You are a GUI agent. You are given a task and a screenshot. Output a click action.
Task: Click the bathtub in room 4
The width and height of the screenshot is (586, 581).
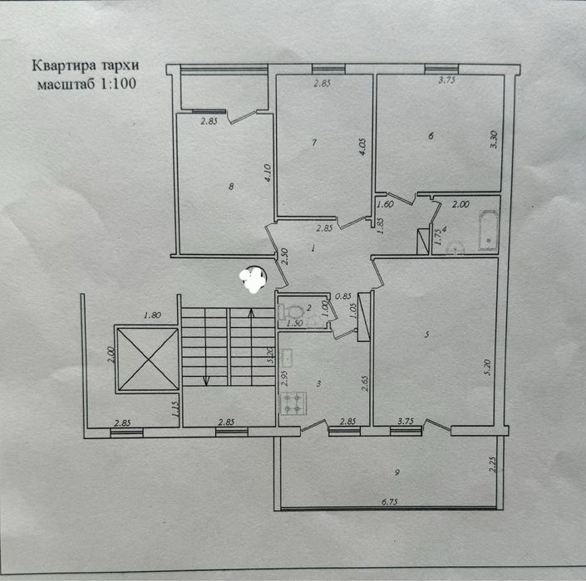click(x=489, y=231)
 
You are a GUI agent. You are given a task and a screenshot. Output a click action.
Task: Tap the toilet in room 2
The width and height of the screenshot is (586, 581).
click(x=290, y=311)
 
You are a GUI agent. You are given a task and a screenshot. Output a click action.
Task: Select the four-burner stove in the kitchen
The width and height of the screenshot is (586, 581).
click(x=293, y=403)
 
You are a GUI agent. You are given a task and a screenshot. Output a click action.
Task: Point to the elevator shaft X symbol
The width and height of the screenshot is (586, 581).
click(x=148, y=359)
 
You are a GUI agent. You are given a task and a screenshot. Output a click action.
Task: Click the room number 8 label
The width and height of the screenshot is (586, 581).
click(x=231, y=186)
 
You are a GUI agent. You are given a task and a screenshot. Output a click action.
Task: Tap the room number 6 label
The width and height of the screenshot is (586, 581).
click(x=431, y=136)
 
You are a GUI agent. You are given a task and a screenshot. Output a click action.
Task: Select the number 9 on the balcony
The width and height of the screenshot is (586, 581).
click(x=396, y=473)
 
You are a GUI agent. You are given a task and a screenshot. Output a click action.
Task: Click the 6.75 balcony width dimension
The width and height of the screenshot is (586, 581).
click(x=390, y=502)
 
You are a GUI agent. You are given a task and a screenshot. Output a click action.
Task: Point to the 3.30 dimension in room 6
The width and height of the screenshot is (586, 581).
click(x=494, y=139)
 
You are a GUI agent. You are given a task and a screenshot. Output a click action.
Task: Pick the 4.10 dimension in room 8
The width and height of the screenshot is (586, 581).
click(x=268, y=173)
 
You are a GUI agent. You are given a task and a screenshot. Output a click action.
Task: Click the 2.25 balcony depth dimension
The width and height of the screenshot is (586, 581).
click(x=493, y=465)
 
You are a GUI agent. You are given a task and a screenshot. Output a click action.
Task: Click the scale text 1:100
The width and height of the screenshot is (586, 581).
click(x=117, y=84)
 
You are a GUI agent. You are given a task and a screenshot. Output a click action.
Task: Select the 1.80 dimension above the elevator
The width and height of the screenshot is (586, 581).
click(x=152, y=315)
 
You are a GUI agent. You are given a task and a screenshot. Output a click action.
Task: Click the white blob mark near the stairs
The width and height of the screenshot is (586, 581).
click(x=253, y=279)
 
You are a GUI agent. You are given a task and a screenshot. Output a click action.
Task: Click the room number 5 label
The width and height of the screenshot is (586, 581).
click(x=426, y=334)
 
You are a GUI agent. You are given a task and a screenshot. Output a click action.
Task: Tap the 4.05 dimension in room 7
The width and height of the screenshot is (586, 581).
click(x=362, y=148)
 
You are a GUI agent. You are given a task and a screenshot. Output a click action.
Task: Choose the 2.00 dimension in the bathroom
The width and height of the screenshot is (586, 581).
click(x=460, y=204)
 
